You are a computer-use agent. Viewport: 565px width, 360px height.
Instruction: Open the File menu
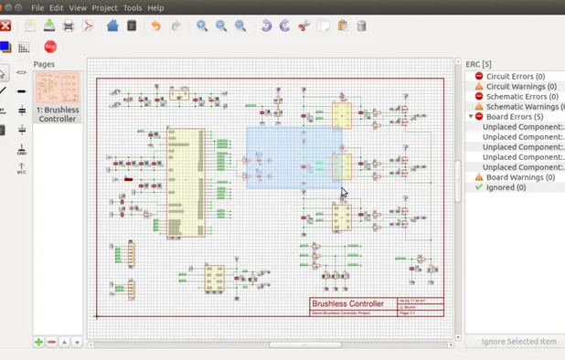click(x=37, y=7)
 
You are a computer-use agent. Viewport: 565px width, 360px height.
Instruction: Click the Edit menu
click(x=57, y=7)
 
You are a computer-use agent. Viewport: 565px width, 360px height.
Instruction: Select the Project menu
click(x=104, y=7)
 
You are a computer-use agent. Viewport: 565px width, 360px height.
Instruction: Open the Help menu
click(x=155, y=7)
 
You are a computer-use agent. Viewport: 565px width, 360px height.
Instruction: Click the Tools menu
click(x=133, y=7)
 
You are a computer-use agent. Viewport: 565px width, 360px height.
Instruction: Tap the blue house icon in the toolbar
click(x=113, y=26)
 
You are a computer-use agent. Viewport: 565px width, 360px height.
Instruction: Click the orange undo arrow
click(x=155, y=26)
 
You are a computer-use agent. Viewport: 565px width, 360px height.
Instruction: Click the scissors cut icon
click(x=304, y=26)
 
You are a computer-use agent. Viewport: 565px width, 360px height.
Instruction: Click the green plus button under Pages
click(x=38, y=342)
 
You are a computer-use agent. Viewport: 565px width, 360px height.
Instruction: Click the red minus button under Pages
click(x=51, y=342)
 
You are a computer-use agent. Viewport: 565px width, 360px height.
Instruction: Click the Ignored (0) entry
click(x=508, y=187)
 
